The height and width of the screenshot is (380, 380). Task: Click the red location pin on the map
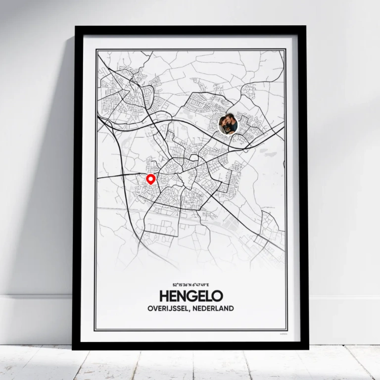[151, 180]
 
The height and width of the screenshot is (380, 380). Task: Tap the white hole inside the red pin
[151, 178]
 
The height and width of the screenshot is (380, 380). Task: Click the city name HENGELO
[191, 296]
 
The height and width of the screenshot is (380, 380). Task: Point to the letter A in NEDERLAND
[221, 309]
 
